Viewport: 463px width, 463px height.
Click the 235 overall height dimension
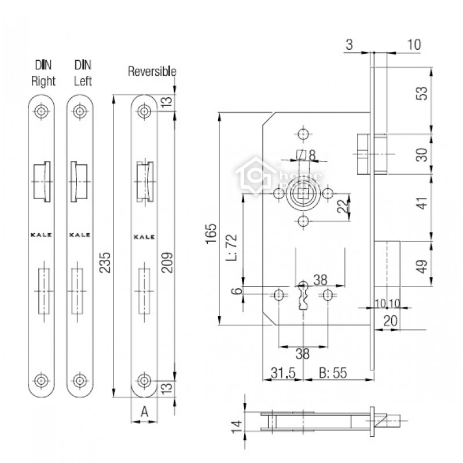pos(105,262)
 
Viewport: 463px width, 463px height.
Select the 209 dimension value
pos(167,262)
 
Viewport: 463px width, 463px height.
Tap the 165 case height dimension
pos(211,234)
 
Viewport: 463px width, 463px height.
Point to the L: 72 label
pos(231,248)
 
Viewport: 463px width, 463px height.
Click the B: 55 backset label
pos(333,373)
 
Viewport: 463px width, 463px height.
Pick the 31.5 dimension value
pos(283,373)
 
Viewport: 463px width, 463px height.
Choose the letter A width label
pos(144,411)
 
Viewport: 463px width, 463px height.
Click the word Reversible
pos(152,71)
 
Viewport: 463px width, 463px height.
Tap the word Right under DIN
pos(43,81)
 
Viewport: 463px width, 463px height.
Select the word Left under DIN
pos(83,80)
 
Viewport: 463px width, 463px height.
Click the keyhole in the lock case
pos(303,297)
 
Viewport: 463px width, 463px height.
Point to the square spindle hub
pos(303,194)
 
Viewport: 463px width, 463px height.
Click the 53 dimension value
pos(423,93)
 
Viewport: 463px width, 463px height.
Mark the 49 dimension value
pos(423,267)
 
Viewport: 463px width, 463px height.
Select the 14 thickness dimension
pos(237,427)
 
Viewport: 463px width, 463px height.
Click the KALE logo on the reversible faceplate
pos(144,237)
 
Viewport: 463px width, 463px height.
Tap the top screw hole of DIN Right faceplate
pos(41,111)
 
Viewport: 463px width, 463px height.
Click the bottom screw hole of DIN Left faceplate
pos(80,380)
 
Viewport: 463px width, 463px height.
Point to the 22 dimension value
pos(343,206)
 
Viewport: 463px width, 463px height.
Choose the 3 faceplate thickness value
pos(350,45)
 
